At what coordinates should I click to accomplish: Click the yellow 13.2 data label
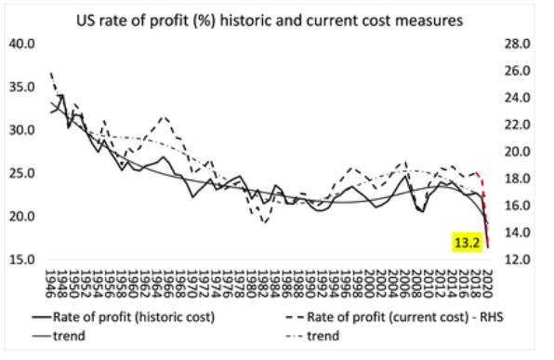click(x=467, y=243)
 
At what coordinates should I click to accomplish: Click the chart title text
click(x=270, y=20)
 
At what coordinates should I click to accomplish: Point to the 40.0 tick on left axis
click(x=21, y=44)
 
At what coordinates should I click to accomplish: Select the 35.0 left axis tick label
click(x=21, y=87)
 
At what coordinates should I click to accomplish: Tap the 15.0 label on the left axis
click(x=21, y=260)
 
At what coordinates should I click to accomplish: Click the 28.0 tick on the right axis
click(x=518, y=44)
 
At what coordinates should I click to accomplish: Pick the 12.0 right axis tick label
click(x=518, y=260)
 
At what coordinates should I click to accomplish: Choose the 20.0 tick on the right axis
click(x=518, y=152)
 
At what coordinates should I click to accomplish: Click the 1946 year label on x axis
click(x=52, y=284)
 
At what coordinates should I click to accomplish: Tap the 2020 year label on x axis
click(x=488, y=284)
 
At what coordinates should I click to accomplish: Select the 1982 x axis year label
click(x=264, y=284)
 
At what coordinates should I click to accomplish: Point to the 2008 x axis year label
click(x=417, y=284)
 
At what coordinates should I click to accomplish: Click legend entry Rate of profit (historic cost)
click(x=124, y=317)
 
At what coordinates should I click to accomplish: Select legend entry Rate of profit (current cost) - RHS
click(x=395, y=317)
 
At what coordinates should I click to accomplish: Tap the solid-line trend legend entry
click(x=59, y=336)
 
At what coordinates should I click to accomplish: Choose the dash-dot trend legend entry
click(x=313, y=336)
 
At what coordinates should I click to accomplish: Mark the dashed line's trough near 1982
click(x=265, y=222)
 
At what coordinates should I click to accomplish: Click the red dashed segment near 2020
click(x=485, y=209)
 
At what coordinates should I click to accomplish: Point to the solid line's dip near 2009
click(x=423, y=211)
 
